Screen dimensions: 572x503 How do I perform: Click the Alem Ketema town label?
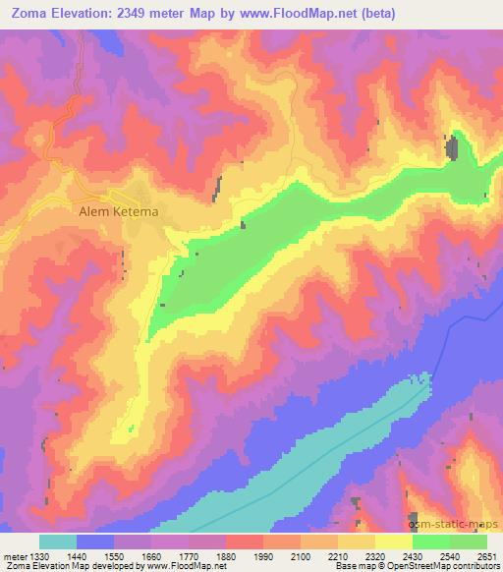click(118, 209)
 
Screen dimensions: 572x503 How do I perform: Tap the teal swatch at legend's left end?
click(58, 542)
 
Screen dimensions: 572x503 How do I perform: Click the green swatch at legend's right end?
click(469, 542)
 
